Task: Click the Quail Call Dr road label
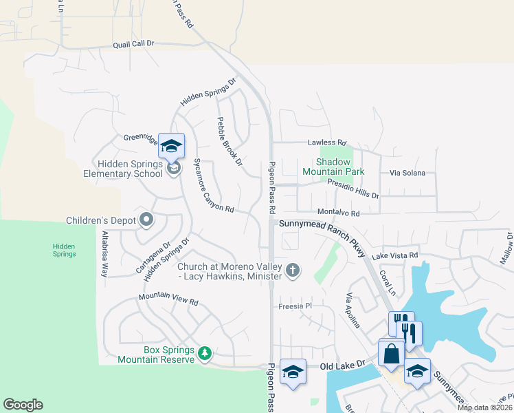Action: pyautogui.click(x=135, y=43)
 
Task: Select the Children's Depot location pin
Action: pyautogui.click(x=146, y=220)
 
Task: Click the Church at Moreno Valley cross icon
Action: pyautogui.click(x=293, y=270)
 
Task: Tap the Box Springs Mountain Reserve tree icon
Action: pyautogui.click(x=204, y=354)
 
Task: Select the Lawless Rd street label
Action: pyautogui.click(x=327, y=142)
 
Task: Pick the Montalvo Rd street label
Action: pyautogui.click(x=338, y=213)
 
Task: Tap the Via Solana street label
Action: pyautogui.click(x=407, y=173)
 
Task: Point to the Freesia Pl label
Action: pyautogui.click(x=295, y=306)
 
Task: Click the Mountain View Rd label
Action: pyautogui.click(x=168, y=299)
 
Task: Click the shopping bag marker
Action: pyautogui.click(x=391, y=353)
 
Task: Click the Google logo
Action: pyautogui.click(x=23, y=405)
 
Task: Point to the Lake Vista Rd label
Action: pyautogui.click(x=395, y=256)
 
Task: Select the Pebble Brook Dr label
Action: pyautogui.click(x=230, y=141)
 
